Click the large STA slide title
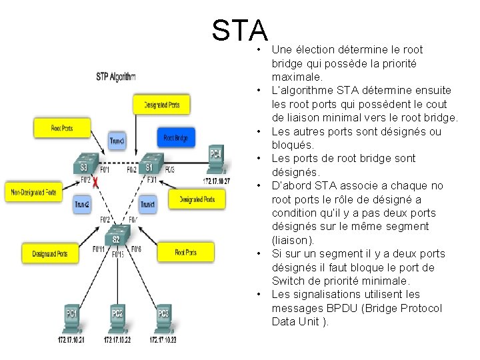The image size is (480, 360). pyautogui.click(x=240, y=30)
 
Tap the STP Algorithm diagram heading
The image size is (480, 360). pyautogui.click(x=116, y=77)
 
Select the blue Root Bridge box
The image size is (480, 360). pyautogui.click(x=176, y=138)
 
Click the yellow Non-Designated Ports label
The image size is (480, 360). pyautogui.click(x=34, y=193)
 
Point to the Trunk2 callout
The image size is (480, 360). pyautogui.click(x=82, y=204)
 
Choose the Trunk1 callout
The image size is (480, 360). pyautogui.click(x=148, y=204)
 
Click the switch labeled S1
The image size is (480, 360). pyautogui.click(x=149, y=165)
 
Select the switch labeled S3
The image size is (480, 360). pyautogui.click(x=84, y=165)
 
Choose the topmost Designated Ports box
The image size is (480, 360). pyautogui.click(x=161, y=104)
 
